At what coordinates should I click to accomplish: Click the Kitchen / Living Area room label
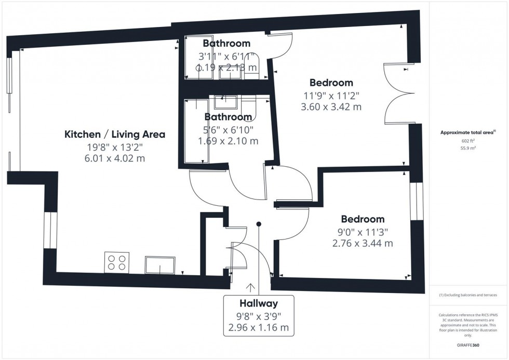point(114,135)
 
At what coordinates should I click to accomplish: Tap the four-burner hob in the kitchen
point(116,262)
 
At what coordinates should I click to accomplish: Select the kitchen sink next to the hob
point(160,264)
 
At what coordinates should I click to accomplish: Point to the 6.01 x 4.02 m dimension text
point(114,158)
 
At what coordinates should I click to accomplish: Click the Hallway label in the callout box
point(258,303)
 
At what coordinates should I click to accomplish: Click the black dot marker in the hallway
point(259,224)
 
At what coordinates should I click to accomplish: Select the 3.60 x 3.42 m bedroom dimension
point(331,107)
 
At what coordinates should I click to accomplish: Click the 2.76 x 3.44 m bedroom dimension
point(362,243)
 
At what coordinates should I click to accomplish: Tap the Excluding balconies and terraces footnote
point(468,295)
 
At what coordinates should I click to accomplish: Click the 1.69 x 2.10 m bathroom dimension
point(228,141)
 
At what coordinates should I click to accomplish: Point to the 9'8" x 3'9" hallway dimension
point(258,316)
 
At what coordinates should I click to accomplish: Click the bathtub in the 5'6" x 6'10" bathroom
point(195,130)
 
